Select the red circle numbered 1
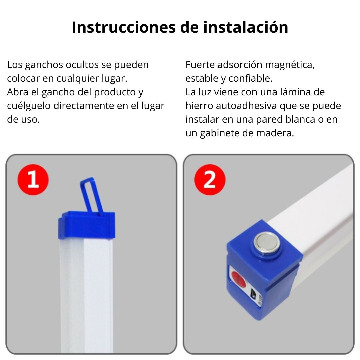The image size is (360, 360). pyautogui.click(x=33, y=180)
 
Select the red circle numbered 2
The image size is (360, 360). pyautogui.click(x=210, y=180)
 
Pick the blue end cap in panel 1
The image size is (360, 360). pyautogui.click(x=87, y=225)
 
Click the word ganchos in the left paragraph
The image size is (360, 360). pyautogui.click(x=44, y=65)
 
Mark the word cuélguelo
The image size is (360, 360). pyautogui.click(x=29, y=106)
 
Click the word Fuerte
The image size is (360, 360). pyautogui.click(x=200, y=65)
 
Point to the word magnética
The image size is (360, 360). pyautogui.click(x=290, y=65)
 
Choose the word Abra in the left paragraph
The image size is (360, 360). pyautogui.click(x=18, y=92)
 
